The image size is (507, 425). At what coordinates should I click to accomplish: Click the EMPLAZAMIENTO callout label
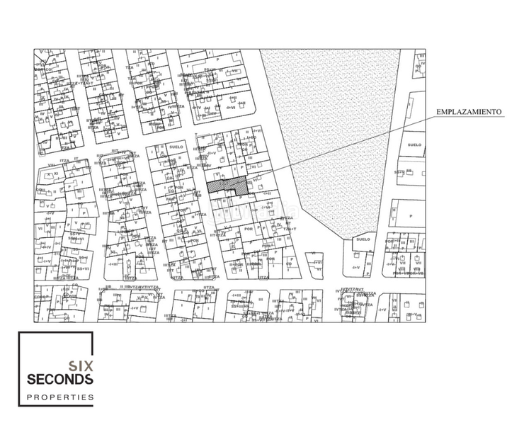pos(469,113)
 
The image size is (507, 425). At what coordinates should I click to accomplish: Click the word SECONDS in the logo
pos(59,380)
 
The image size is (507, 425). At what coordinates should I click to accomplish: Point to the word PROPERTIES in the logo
pos(60,398)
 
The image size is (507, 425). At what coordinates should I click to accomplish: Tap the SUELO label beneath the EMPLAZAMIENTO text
pos(414,144)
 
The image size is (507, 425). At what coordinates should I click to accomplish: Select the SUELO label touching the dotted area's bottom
pos(363,240)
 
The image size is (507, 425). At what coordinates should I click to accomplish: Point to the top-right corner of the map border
pos(426,49)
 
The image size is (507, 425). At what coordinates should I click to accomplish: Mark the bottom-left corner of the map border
pos(34,322)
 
